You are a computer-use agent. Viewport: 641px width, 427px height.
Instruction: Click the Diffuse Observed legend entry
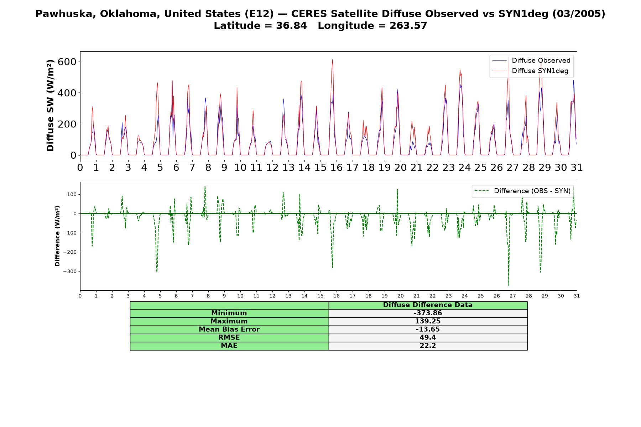click(x=531, y=60)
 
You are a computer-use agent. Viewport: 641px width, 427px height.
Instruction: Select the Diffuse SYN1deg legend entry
click(x=530, y=71)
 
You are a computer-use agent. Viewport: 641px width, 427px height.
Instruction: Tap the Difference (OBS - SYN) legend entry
click(x=523, y=191)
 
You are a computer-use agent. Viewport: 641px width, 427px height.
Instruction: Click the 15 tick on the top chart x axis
click(x=320, y=167)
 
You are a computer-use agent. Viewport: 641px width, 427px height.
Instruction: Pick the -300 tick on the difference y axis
click(x=69, y=272)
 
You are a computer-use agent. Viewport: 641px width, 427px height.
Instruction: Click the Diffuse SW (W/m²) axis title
click(x=51, y=106)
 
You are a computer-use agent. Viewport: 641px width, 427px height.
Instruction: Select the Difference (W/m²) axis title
click(x=57, y=236)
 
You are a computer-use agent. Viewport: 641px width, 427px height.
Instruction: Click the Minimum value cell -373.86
click(x=428, y=313)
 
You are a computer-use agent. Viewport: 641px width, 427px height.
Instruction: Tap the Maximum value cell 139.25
click(x=428, y=321)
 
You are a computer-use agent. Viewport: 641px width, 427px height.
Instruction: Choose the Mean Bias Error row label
click(x=229, y=330)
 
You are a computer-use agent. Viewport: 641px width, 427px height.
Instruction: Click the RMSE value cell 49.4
click(x=428, y=338)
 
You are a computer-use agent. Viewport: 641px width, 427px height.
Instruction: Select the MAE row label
click(x=229, y=346)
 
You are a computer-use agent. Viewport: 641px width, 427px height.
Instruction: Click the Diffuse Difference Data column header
click(x=428, y=305)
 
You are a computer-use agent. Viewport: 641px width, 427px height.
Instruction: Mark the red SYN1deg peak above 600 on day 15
click(x=333, y=60)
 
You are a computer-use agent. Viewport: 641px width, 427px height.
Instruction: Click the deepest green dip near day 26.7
click(x=509, y=285)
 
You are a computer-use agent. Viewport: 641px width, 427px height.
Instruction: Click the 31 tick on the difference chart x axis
click(x=577, y=296)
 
